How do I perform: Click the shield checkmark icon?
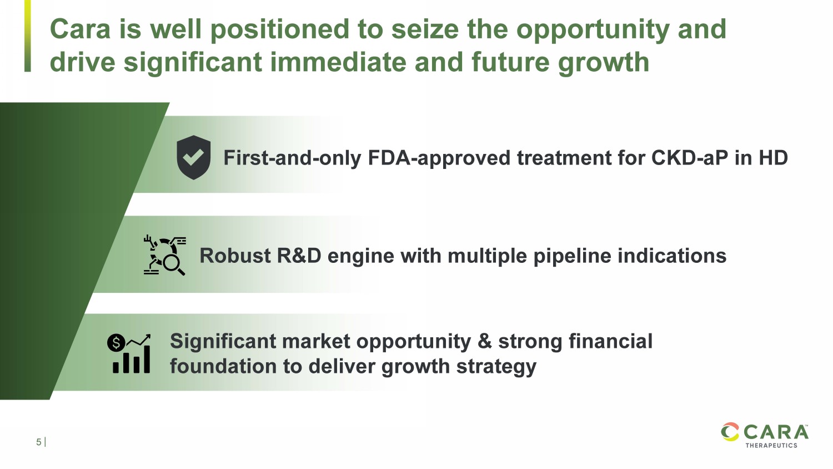(x=193, y=157)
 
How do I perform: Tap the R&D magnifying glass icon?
(x=165, y=256)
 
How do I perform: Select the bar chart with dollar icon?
(x=129, y=353)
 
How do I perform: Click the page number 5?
(x=39, y=442)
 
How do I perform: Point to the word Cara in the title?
(x=81, y=29)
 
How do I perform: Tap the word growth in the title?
(x=604, y=63)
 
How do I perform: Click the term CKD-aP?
(x=690, y=158)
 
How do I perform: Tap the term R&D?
(x=299, y=256)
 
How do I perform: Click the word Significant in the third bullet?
(x=223, y=342)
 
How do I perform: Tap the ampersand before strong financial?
(x=485, y=341)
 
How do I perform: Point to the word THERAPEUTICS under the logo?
(x=771, y=445)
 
